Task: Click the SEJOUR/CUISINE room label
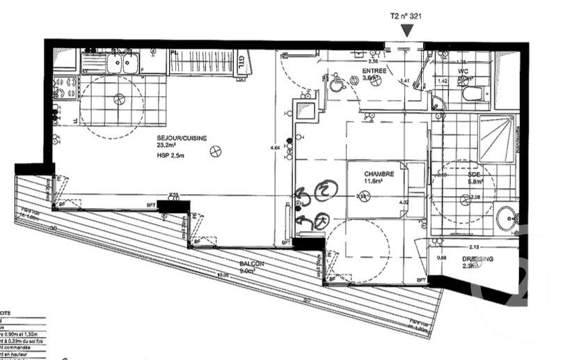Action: [x=182, y=139]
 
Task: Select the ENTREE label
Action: [x=374, y=71]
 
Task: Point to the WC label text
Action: [x=462, y=71]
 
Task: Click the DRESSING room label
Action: [x=477, y=259]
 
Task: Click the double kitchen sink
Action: [x=121, y=63]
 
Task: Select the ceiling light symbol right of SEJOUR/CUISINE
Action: [x=220, y=148]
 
